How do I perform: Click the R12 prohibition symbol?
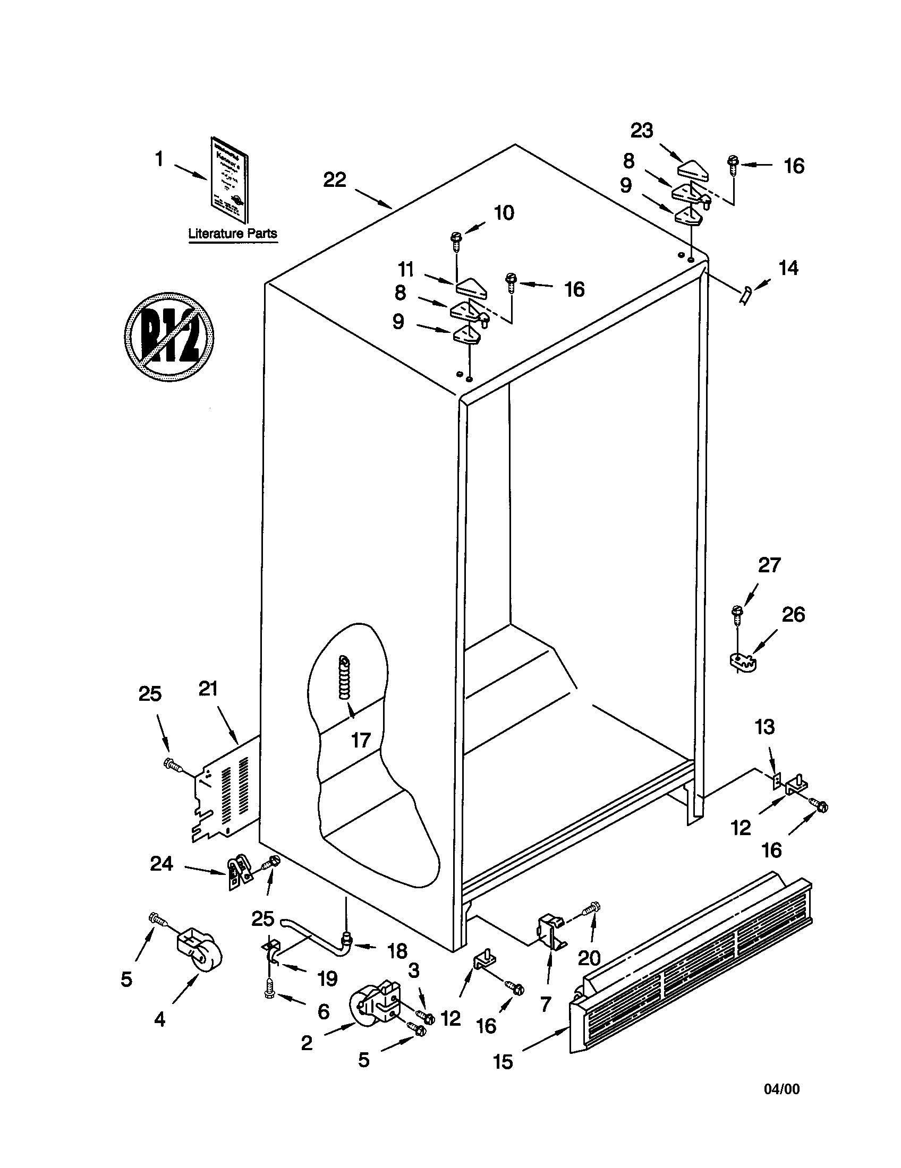[x=169, y=337]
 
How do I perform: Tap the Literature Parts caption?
[x=233, y=234]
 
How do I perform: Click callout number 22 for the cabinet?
[x=334, y=179]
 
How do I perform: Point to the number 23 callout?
[x=642, y=131]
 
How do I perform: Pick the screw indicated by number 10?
[x=456, y=241]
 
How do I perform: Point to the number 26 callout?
[x=793, y=615]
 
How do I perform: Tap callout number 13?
[x=764, y=727]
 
